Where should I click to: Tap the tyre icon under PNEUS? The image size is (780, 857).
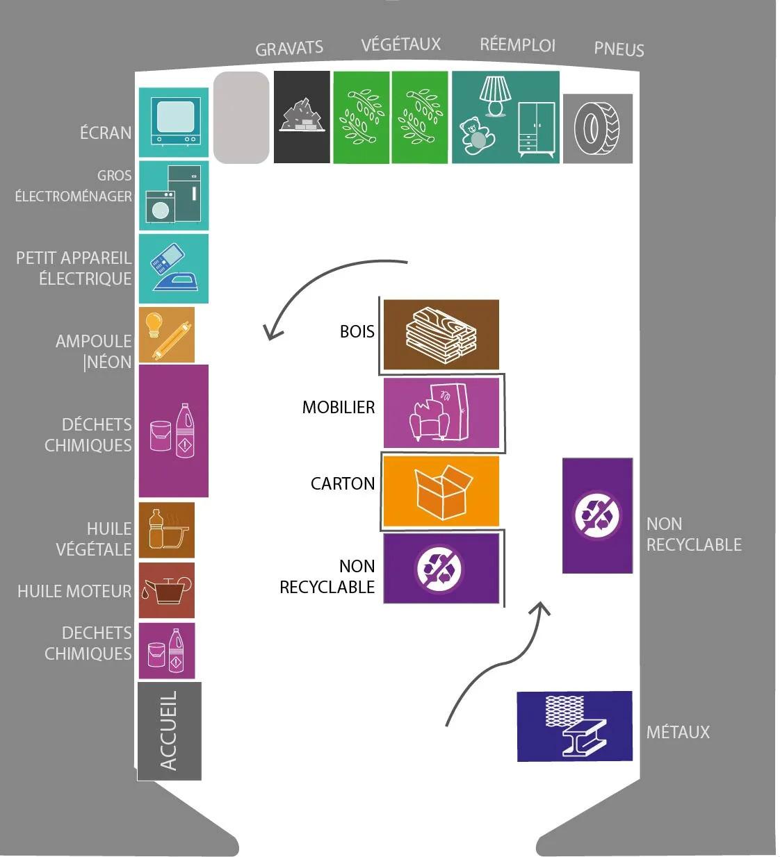(x=597, y=128)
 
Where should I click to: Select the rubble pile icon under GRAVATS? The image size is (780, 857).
(x=302, y=115)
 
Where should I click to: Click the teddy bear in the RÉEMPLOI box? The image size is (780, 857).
(x=476, y=136)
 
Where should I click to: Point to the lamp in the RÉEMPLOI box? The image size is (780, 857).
(x=495, y=97)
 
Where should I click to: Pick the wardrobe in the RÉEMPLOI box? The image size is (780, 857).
(x=537, y=129)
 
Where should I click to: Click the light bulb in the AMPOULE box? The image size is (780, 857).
(x=154, y=325)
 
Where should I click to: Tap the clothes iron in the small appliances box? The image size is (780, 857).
(x=176, y=283)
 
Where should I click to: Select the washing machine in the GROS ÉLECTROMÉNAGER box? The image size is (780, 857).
(x=160, y=207)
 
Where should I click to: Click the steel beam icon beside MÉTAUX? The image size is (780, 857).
(x=583, y=737)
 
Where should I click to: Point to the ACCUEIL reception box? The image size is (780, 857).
(x=170, y=731)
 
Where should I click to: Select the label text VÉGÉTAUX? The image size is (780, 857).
(x=400, y=44)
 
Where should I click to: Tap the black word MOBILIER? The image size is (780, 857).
(x=339, y=407)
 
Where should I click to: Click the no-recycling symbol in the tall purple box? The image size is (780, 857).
(x=597, y=515)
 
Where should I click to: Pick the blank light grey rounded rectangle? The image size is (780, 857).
(x=241, y=117)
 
